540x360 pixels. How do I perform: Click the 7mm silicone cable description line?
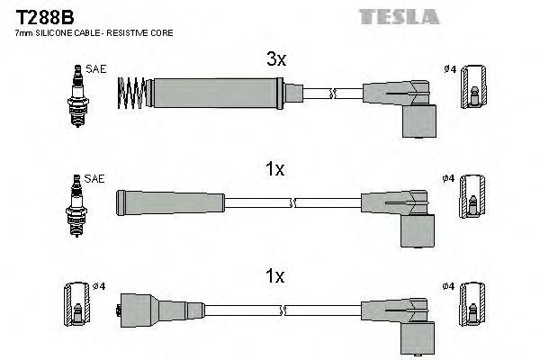pyautogui.click(x=94, y=32)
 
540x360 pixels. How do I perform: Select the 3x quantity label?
pyautogui.click(x=275, y=60)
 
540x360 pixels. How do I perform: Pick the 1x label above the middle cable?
pyautogui.click(x=275, y=168)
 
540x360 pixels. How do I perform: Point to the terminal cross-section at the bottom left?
pyautogui.click(x=76, y=308)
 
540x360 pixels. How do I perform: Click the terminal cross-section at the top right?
pyautogui.click(x=472, y=90)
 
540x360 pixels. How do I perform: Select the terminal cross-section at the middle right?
pyautogui.click(x=472, y=200)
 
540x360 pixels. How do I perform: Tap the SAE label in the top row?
pyautogui.click(x=94, y=67)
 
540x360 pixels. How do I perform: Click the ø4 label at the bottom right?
pyautogui.click(x=450, y=286)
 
